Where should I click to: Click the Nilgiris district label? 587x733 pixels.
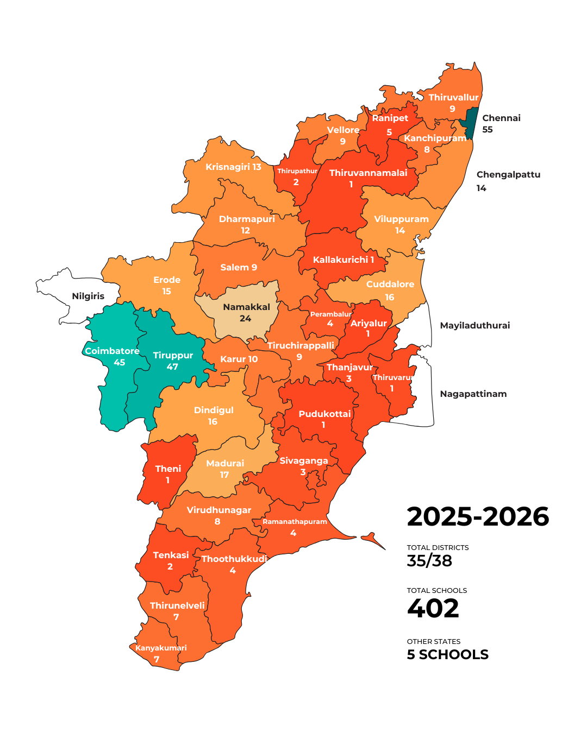click(x=88, y=296)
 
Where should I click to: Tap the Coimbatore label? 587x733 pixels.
click(x=112, y=351)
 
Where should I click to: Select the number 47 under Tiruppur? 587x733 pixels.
click(x=172, y=367)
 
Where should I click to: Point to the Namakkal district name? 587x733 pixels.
click(x=246, y=307)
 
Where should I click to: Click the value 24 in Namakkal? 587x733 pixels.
click(x=246, y=319)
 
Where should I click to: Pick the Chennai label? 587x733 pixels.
click(x=501, y=118)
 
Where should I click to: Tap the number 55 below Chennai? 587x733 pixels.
click(x=488, y=130)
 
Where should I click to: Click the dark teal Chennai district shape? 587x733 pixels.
click(x=472, y=123)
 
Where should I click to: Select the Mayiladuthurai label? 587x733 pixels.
click(x=474, y=326)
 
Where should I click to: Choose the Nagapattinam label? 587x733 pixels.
click(x=473, y=394)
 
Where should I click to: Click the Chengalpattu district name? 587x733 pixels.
click(x=508, y=175)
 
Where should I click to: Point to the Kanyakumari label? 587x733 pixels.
click(x=161, y=648)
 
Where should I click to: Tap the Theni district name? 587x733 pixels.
click(x=168, y=469)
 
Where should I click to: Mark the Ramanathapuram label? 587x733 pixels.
click(x=295, y=522)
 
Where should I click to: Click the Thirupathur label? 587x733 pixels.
click(x=297, y=171)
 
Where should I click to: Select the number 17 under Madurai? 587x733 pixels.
click(x=224, y=475)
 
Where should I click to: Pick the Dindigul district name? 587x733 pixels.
click(x=214, y=410)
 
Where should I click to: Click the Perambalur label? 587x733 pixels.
click(x=330, y=314)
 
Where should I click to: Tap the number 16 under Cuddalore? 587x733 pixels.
click(x=390, y=298)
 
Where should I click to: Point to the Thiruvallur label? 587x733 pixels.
click(x=453, y=98)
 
